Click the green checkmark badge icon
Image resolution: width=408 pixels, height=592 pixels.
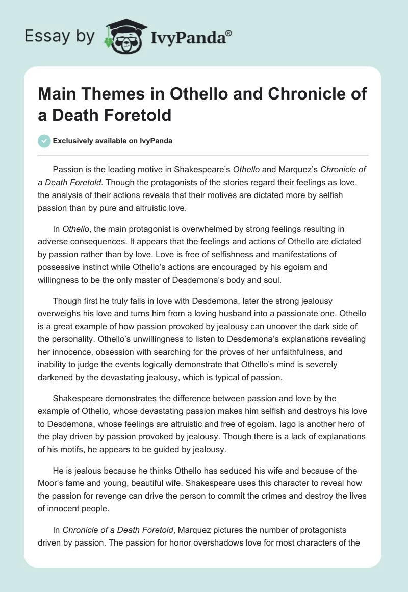click(x=45, y=141)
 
